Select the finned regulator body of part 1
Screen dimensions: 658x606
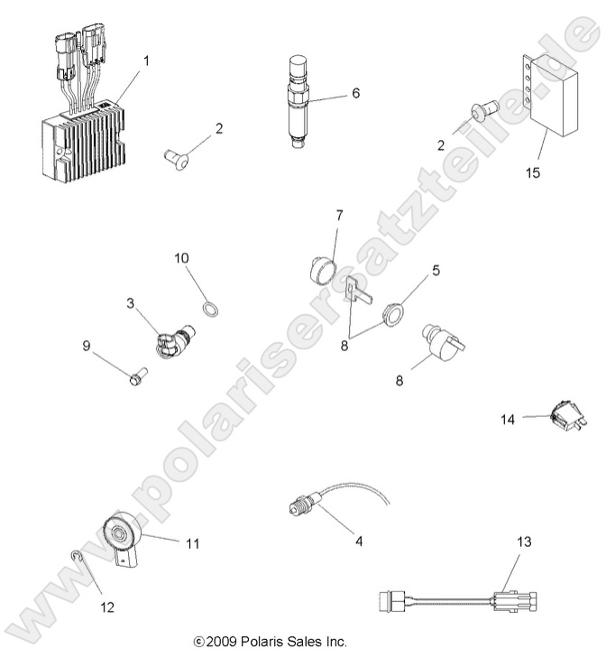click(80, 144)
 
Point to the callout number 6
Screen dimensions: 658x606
click(356, 92)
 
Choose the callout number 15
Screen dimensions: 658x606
click(533, 171)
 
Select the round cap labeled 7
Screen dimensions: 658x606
click(318, 268)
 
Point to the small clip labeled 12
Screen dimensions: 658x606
click(78, 566)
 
